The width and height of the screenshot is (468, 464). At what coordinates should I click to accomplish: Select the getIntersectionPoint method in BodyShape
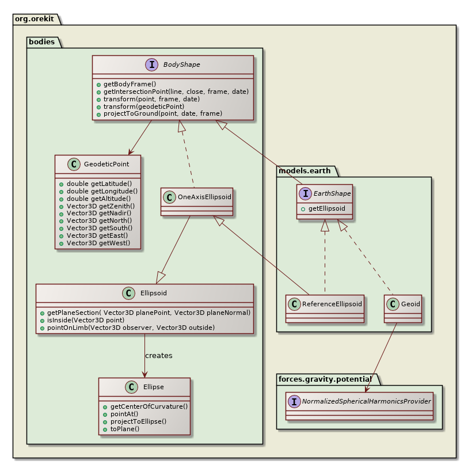[x=172, y=92]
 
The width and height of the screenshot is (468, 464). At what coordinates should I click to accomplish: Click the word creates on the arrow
[x=158, y=356]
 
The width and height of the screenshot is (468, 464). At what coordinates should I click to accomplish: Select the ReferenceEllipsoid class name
[x=332, y=303]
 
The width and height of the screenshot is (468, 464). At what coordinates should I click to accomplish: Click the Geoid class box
[x=402, y=308]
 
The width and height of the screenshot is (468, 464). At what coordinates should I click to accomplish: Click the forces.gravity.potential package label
[x=325, y=379]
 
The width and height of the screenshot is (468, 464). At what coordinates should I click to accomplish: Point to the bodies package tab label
[x=42, y=42]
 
